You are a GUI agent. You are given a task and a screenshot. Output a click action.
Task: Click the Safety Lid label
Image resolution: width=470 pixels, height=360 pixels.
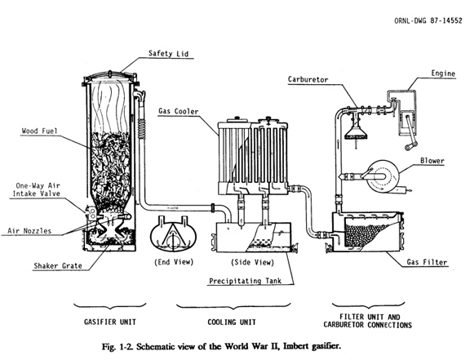tap(168, 54)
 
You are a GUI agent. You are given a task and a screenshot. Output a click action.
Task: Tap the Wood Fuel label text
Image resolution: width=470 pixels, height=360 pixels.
tap(39, 131)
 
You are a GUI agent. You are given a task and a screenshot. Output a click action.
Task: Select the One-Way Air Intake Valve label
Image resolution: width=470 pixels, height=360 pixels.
tap(37, 189)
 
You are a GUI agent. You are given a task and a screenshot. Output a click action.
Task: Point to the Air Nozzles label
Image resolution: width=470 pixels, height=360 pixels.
tap(29, 231)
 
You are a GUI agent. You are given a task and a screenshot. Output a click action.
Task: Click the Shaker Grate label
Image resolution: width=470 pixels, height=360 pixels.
tap(58, 266)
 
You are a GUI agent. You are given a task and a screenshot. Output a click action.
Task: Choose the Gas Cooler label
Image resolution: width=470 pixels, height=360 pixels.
tap(179, 111)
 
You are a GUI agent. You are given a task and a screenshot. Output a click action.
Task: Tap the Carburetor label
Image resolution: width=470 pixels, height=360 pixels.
tap(308, 79)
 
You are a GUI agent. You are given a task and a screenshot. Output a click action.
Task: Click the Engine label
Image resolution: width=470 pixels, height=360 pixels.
tap(443, 73)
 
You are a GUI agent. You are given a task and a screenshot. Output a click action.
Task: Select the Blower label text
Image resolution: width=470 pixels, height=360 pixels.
tap(432, 161)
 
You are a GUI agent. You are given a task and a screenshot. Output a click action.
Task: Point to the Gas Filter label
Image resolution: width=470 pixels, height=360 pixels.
tap(427, 262)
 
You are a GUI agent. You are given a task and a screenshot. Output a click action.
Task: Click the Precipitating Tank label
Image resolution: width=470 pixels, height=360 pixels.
tap(245, 281)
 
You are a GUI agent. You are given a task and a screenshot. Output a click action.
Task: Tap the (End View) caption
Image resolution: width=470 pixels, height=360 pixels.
tap(174, 262)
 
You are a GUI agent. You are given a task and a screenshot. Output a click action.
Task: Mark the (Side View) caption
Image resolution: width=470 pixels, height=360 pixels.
tap(252, 262)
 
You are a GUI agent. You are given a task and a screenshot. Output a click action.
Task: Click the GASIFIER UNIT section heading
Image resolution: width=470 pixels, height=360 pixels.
tap(110, 322)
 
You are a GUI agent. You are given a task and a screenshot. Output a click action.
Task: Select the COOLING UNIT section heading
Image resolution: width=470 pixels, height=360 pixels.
tap(232, 322)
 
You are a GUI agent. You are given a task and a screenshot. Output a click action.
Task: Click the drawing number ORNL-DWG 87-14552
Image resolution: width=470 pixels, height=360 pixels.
tap(428, 20)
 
